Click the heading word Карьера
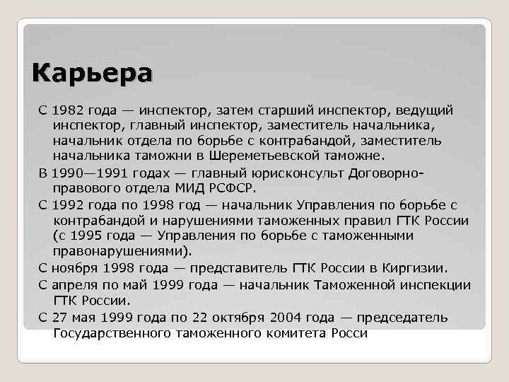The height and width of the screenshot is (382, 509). [x=92, y=74]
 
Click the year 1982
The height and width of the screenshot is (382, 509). [x=69, y=110]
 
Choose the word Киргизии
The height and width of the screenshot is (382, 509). [x=415, y=268]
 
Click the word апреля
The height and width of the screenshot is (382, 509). [x=76, y=285]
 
